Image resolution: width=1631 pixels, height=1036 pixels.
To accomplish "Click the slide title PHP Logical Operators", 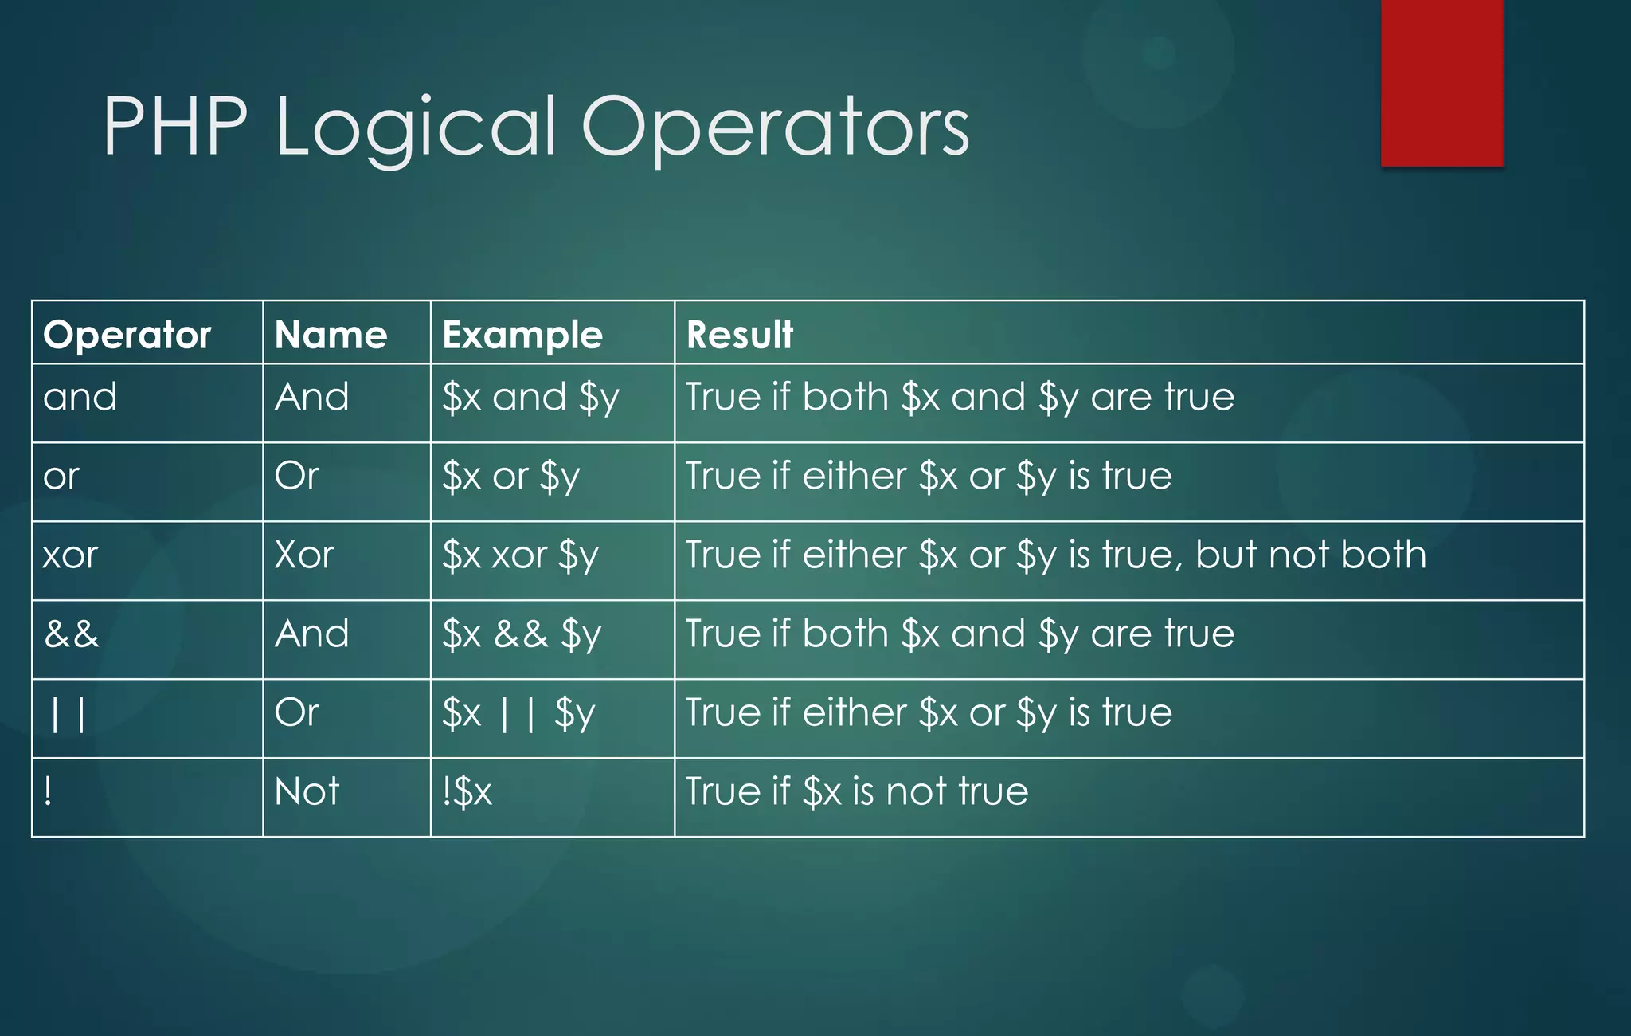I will (x=535, y=128).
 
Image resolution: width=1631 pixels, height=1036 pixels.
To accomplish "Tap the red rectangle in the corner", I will (x=1441, y=82).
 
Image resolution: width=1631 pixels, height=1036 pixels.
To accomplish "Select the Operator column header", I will (x=127, y=335).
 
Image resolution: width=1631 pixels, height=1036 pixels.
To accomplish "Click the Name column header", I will (x=331, y=335).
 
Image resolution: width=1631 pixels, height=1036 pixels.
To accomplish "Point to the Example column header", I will (x=522, y=335).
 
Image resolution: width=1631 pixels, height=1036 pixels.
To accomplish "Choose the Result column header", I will (x=740, y=335).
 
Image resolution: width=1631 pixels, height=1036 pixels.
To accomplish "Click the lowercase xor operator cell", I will (x=70, y=555).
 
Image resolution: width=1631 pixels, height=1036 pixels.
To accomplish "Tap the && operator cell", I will (x=72, y=634).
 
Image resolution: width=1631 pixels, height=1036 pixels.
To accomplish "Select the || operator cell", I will (x=68, y=713).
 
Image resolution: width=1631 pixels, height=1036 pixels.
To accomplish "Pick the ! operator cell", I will (x=49, y=791).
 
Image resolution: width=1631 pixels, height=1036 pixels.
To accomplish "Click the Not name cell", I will (x=307, y=791).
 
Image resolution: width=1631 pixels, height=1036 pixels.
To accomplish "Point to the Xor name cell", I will (x=303, y=555).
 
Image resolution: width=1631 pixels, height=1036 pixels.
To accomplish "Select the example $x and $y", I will (x=530, y=397).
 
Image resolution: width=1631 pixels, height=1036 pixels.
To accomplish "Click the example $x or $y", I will (x=510, y=477).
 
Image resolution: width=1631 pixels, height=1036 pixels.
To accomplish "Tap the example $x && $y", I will (x=522, y=634).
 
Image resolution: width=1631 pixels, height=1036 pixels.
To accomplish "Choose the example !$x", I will (x=467, y=791).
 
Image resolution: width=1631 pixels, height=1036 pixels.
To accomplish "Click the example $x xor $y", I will (x=520, y=555).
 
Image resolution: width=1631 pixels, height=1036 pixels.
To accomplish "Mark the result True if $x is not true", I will (x=857, y=791).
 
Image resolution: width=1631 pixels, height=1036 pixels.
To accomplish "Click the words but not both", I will (x=1311, y=555).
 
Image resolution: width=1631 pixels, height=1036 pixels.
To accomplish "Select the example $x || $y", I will (x=518, y=713).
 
